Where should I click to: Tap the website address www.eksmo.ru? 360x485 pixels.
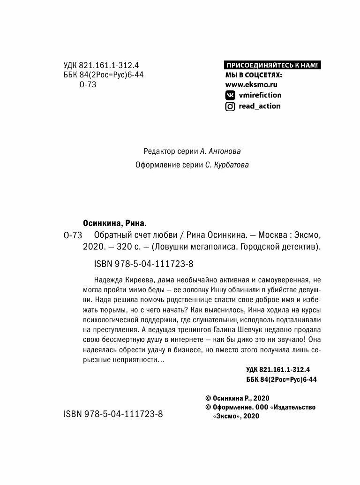point(251,84)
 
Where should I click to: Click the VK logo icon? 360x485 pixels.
point(230,95)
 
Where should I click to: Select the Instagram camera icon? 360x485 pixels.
point(230,106)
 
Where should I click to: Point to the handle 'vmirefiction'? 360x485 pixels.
point(260,95)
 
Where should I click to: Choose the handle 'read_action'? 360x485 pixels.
point(260,106)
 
